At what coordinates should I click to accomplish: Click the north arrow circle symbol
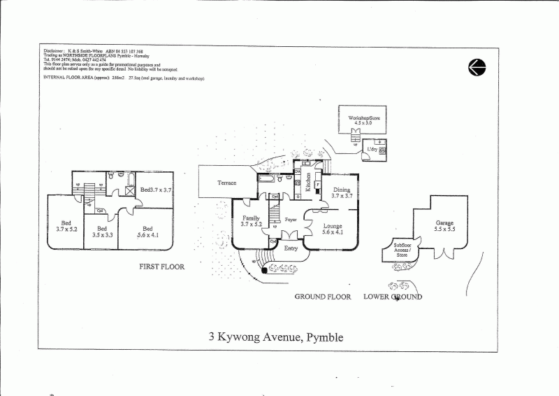click(477, 66)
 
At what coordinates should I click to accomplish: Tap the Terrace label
click(226, 183)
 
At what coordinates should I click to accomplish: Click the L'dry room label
click(372, 149)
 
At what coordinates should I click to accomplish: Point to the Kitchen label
click(308, 182)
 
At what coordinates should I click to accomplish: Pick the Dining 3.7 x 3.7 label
click(342, 193)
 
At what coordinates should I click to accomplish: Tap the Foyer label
click(291, 219)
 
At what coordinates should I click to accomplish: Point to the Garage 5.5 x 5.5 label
click(445, 226)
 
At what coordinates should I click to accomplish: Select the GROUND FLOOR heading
click(322, 297)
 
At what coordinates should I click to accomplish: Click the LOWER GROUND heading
click(393, 297)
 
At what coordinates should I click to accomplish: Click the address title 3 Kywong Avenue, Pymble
click(276, 337)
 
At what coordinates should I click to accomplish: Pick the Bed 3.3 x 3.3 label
click(101, 232)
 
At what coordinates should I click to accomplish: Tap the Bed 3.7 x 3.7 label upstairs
click(157, 189)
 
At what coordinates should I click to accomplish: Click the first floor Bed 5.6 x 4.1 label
click(147, 232)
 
